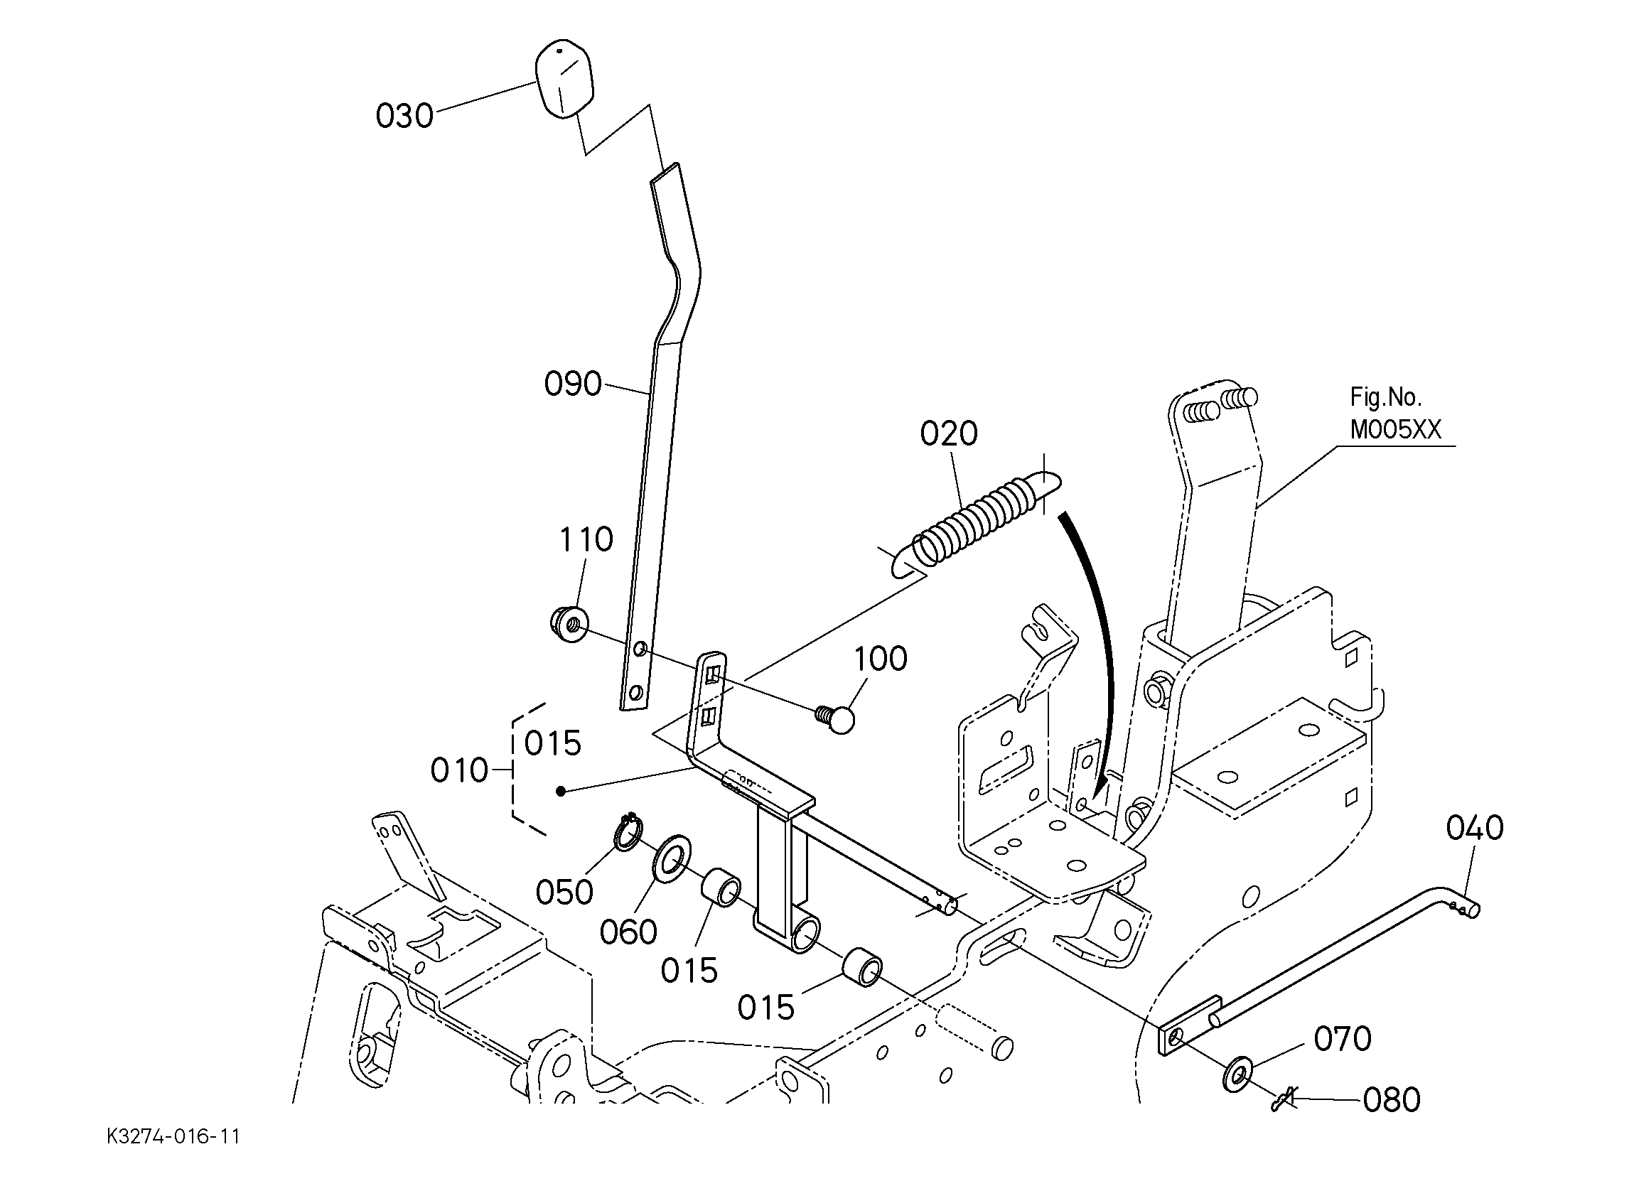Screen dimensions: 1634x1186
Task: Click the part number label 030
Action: (x=404, y=116)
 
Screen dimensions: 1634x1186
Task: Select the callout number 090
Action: (x=573, y=384)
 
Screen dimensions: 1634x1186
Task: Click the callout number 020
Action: (x=949, y=433)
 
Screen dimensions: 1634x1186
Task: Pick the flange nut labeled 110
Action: (x=570, y=624)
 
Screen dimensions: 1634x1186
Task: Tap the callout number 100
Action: (x=881, y=659)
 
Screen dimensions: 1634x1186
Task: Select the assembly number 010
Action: (x=460, y=771)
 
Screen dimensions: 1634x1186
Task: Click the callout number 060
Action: (x=628, y=932)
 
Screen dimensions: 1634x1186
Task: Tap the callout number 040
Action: (x=1475, y=829)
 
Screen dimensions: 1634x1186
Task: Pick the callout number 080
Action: (x=1391, y=1100)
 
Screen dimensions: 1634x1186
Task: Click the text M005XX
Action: (x=1395, y=430)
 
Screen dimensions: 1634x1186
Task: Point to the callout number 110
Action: (x=586, y=539)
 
